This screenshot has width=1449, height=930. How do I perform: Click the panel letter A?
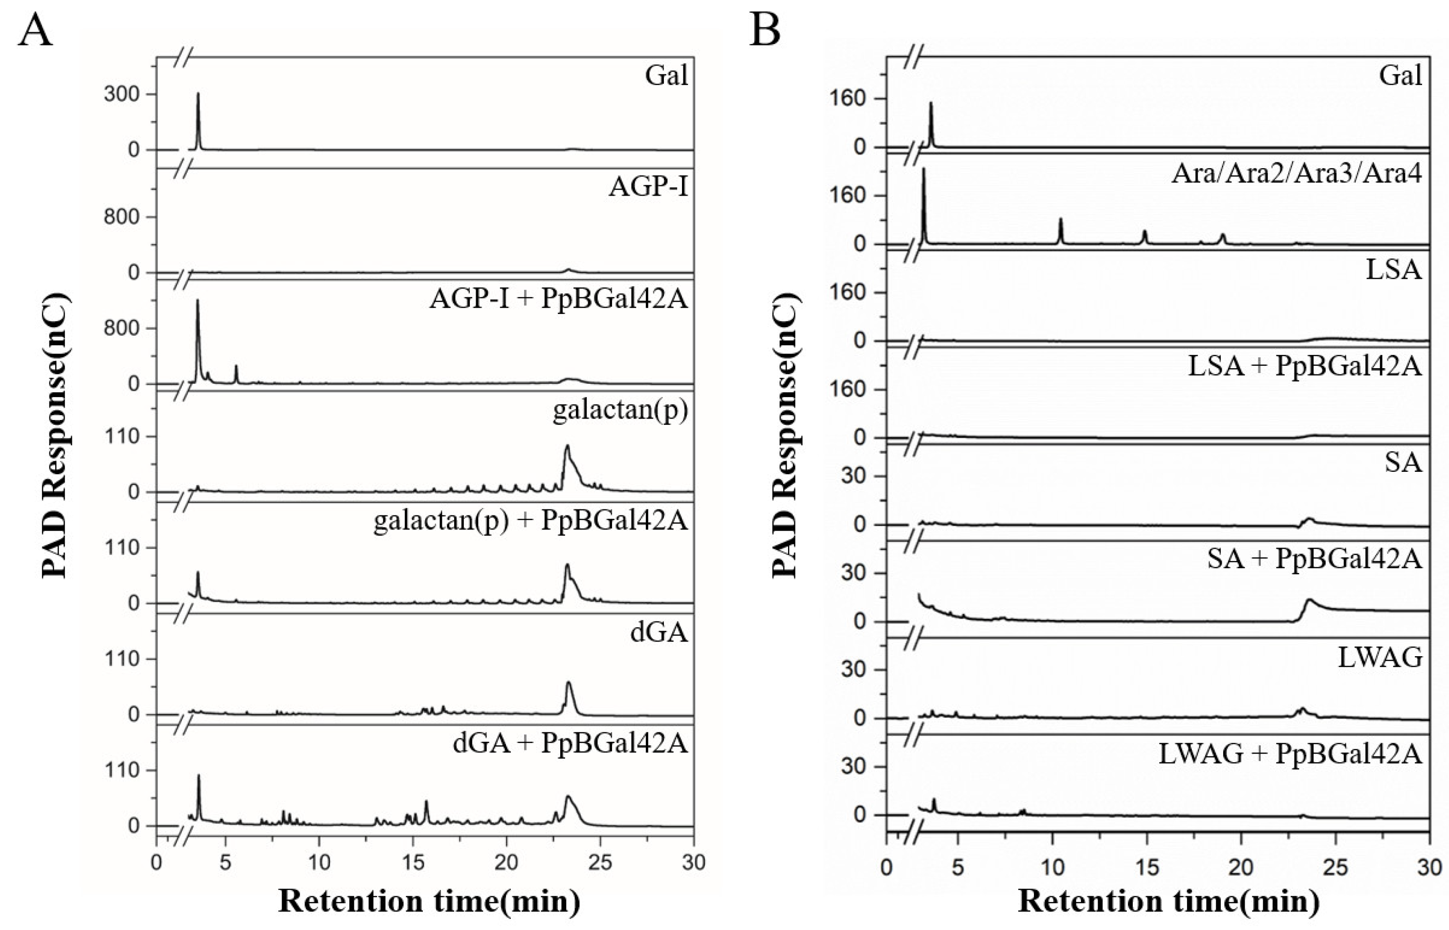(35, 30)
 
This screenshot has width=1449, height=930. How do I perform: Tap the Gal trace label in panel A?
(666, 76)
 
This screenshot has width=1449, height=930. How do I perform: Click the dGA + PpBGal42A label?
(570, 743)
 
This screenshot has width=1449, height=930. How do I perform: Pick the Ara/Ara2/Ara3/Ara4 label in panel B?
(1297, 174)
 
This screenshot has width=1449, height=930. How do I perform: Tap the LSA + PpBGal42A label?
(1305, 367)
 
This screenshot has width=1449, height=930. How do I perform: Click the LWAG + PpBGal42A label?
(1290, 753)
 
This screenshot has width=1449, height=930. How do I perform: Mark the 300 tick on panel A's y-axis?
(121, 95)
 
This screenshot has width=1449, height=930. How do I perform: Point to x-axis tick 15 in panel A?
(413, 862)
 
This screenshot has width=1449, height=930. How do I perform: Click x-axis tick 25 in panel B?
(1335, 868)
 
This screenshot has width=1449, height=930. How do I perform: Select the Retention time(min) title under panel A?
(429, 902)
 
